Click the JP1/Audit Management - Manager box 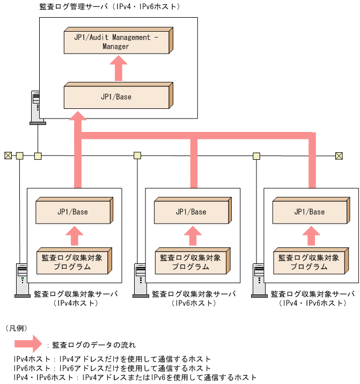click(x=116, y=42)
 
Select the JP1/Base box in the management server click(x=116, y=97)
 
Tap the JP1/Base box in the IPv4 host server click(x=73, y=211)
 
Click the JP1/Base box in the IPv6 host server click(x=191, y=211)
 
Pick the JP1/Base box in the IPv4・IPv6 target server click(x=310, y=211)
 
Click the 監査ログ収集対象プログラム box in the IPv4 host click(x=73, y=262)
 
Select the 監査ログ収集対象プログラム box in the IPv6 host click(x=191, y=262)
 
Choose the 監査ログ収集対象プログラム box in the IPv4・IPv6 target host click(x=310, y=262)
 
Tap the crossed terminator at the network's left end click(x=8, y=156)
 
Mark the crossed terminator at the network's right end click(x=339, y=156)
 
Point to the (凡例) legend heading click(x=17, y=327)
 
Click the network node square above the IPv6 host click(x=137, y=156)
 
